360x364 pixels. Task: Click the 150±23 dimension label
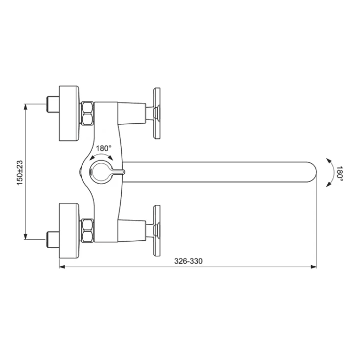point(20,173)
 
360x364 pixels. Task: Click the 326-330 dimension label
point(188,261)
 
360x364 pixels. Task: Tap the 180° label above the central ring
point(104,148)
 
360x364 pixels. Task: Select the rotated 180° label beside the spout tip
point(340,173)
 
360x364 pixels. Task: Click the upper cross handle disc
point(157,113)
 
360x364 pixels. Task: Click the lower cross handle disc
point(157,231)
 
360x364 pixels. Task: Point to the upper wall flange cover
point(69,113)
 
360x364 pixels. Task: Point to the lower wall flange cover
point(69,231)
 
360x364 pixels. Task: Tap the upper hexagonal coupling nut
point(87,113)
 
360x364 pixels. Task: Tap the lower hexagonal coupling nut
point(87,231)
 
